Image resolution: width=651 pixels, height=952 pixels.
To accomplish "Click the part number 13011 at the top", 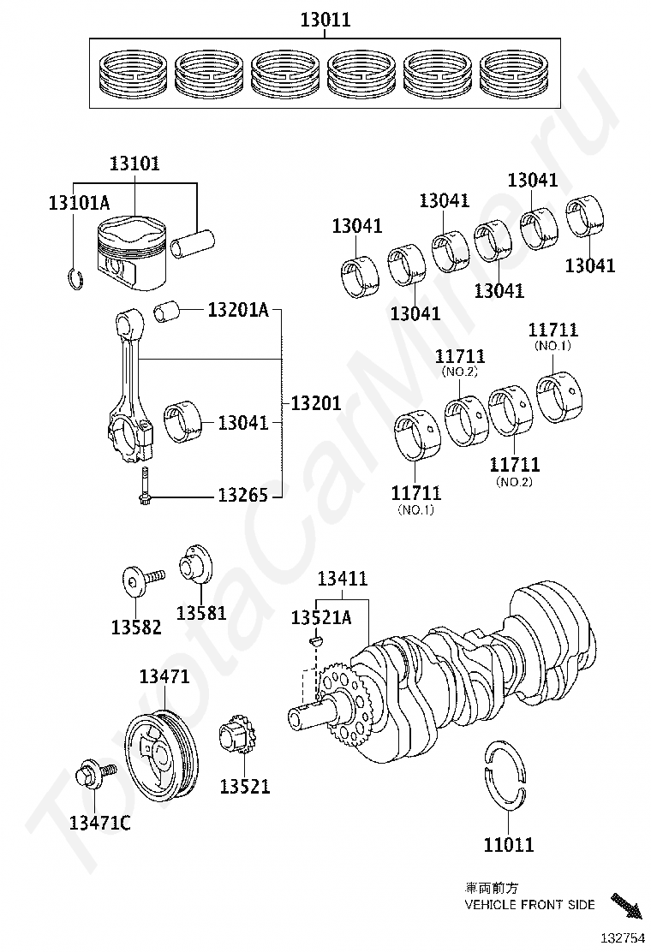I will (325, 20).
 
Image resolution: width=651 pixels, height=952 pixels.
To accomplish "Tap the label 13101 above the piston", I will (134, 164).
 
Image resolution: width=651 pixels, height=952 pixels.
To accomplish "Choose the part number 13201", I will (315, 402).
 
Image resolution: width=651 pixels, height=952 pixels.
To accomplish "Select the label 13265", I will (242, 495).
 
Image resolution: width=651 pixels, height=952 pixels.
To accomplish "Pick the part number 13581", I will (201, 613).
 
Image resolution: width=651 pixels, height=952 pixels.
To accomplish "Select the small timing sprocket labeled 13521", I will (236, 739).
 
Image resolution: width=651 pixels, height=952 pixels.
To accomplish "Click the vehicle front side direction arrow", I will (626, 905).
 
